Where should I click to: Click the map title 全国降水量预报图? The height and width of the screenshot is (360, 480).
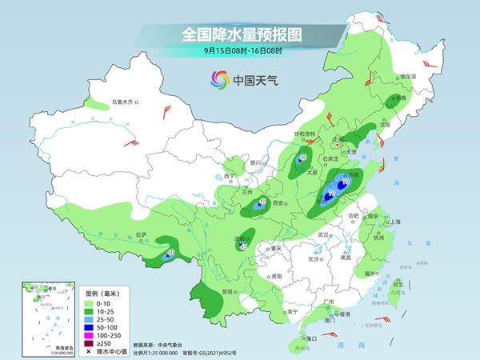[x=240, y=34]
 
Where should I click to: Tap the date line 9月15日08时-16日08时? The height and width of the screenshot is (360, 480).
[x=240, y=52]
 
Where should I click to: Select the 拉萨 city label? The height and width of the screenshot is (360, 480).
[x=141, y=234]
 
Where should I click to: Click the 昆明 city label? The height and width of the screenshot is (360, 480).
[x=226, y=292]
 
